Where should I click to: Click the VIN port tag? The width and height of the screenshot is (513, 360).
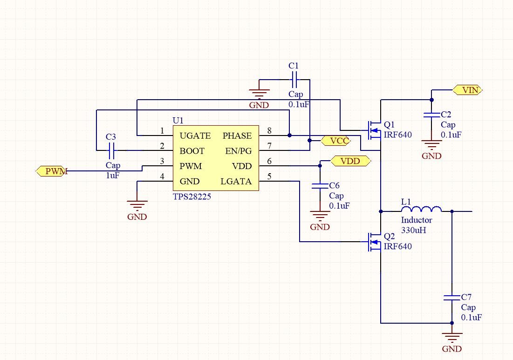[x=467, y=90]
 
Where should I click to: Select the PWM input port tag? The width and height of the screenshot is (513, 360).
[x=52, y=171]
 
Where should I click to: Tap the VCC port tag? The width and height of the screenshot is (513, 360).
[x=336, y=140]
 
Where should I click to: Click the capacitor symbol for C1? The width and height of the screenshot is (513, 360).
[x=294, y=82]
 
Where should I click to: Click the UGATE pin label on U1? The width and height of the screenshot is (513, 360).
[x=195, y=136]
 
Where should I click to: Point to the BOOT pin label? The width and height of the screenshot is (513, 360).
[x=192, y=151]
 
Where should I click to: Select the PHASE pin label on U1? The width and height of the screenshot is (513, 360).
[x=237, y=136]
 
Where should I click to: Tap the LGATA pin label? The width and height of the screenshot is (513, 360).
[x=236, y=181]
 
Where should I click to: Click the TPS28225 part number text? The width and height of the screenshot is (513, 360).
[x=192, y=197]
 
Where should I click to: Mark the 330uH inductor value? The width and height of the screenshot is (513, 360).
[x=415, y=230]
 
